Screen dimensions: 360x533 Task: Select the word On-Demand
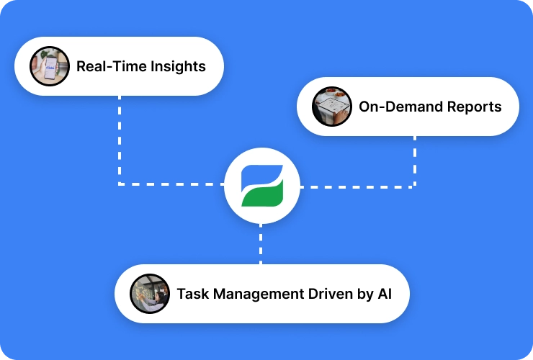pyautogui.click(x=394, y=107)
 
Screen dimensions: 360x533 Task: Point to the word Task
pyautogui.click(x=192, y=294)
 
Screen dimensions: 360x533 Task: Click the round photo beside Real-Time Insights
pyautogui.click(x=50, y=67)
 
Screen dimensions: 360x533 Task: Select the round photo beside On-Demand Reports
pyautogui.click(x=332, y=107)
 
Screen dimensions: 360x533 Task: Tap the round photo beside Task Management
pyautogui.click(x=150, y=294)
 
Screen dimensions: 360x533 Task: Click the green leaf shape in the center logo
pyautogui.click(x=264, y=194)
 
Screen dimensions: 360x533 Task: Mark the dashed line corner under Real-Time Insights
pyautogui.click(x=120, y=184)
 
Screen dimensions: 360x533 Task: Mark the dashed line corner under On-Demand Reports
pyautogui.click(x=415, y=186)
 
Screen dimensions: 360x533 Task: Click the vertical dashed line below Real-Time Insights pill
pyautogui.click(x=120, y=137)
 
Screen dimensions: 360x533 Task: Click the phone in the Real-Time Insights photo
pyautogui.click(x=49, y=68)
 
